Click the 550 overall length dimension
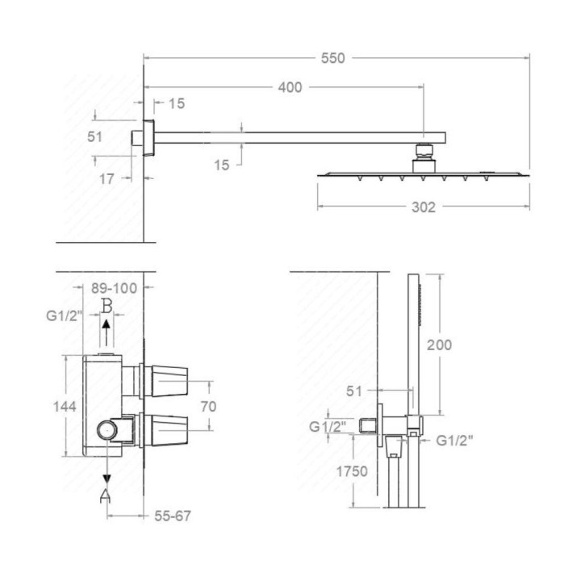click(x=332, y=58)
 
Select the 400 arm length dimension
click(x=290, y=87)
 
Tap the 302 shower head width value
click(x=424, y=207)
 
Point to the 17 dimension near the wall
click(x=107, y=179)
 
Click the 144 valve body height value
click(x=65, y=407)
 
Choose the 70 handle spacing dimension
click(x=209, y=407)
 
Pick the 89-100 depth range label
click(x=114, y=288)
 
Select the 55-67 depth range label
click(x=173, y=516)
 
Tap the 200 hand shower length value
click(x=440, y=345)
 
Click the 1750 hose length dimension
click(x=352, y=471)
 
